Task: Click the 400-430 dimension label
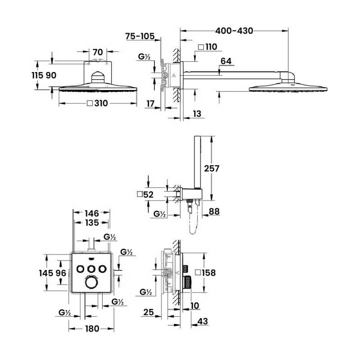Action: pyautogui.click(x=234, y=31)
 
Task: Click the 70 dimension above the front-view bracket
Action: pyautogui.click(x=98, y=52)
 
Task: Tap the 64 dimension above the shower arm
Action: pyautogui.click(x=226, y=62)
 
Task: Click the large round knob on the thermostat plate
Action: pyautogui.click(x=91, y=283)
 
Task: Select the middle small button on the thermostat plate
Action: pyautogui.click(x=91, y=269)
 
